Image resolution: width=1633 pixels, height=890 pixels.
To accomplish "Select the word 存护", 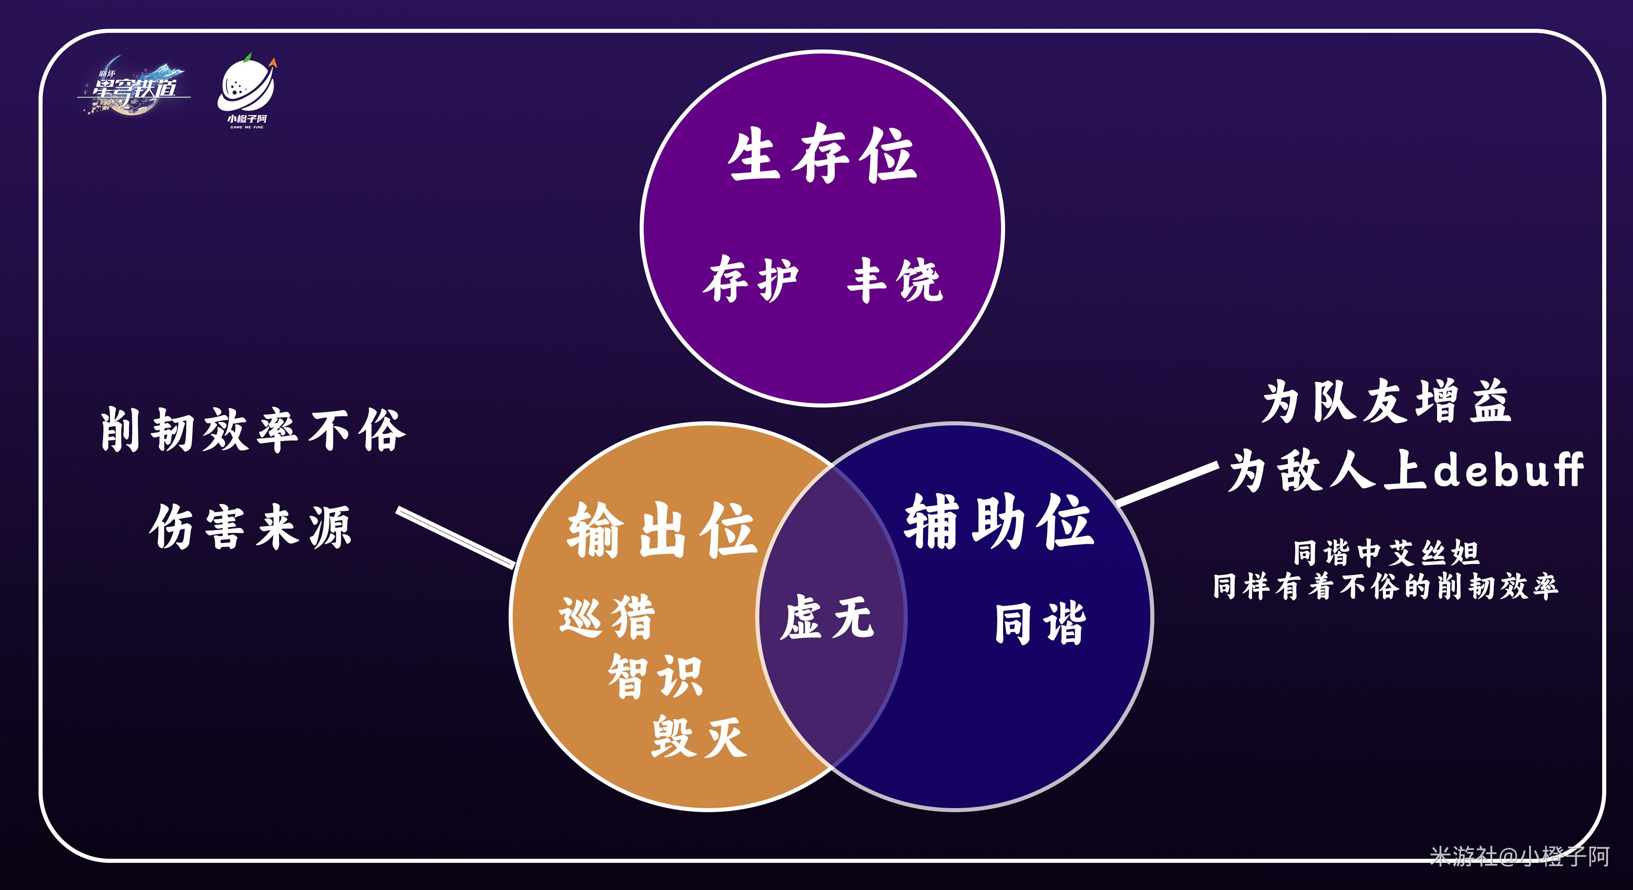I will [x=750, y=279].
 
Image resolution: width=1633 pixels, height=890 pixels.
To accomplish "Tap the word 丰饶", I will [x=894, y=279].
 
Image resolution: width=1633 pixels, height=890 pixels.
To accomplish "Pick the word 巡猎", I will [x=607, y=616].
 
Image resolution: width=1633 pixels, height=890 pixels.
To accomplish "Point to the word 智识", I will [x=655, y=676].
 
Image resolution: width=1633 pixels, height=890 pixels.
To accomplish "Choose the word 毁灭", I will [x=698, y=737].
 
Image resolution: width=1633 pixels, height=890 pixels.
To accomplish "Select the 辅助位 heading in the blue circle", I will [x=999, y=522].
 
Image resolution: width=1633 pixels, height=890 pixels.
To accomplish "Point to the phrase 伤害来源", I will [x=250, y=527].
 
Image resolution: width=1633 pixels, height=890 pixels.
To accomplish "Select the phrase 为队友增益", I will [x=1386, y=402].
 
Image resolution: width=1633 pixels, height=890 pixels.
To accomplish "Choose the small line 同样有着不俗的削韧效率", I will [x=1385, y=586].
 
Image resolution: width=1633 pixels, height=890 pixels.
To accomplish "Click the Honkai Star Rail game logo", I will [x=134, y=86].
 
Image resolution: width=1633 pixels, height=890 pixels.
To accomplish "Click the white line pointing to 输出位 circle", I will [x=455, y=536].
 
